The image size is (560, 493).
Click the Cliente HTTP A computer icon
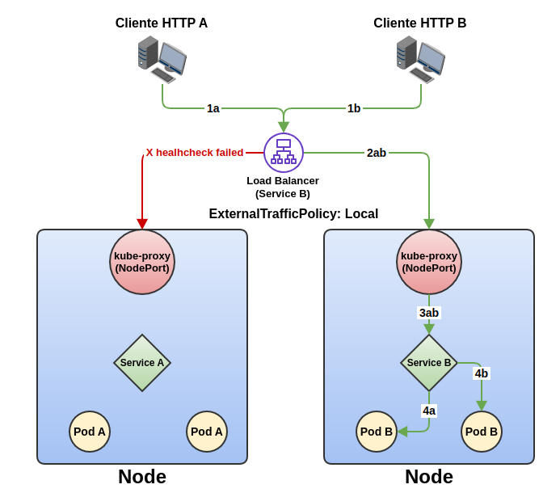click(162, 59)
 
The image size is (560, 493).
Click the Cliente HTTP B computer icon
click(420, 59)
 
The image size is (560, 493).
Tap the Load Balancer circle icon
click(284, 153)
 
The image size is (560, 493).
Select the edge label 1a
click(213, 108)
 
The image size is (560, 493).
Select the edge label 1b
click(354, 108)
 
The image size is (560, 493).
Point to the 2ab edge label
click(377, 153)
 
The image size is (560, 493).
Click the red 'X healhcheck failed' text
click(195, 152)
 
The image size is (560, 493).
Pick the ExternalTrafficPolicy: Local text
click(293, 214)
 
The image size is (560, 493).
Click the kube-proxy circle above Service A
click(142, 262)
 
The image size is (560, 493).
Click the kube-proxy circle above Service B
click(429, 262)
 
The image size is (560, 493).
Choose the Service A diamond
click(142, 363)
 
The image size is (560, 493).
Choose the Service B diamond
click(429, 363)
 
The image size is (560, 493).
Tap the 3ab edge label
click(429, 313)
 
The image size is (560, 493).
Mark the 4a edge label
click(429, 411)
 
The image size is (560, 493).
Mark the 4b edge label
click(482, 373)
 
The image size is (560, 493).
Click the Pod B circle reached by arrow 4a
click(377, 432)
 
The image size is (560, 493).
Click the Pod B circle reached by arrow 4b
click(482, 432)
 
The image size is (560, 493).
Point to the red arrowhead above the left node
click(142, 224)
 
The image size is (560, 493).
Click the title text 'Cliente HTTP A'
click(162, 23)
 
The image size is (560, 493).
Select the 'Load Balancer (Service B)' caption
click(283, 187)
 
